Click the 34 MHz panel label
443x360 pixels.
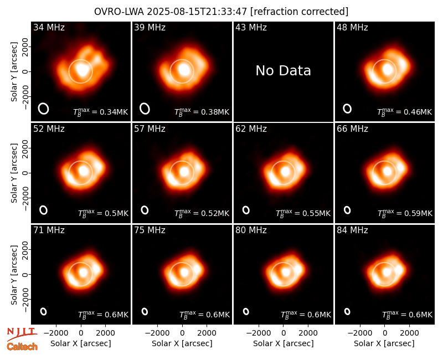tap(49, 27)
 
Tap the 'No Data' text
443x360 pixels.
tap(283, 71)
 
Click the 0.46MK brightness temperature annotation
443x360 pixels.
tap(404, 112)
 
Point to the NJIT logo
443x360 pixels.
tap(22, 333)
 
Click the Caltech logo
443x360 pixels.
tap(22, 347)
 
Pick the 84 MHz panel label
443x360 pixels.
tap(352, 230)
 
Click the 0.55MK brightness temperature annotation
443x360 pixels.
tap(303, 213)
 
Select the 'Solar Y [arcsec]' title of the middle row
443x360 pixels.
tap(14, 173)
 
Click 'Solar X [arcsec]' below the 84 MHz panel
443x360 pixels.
tap(384, 343)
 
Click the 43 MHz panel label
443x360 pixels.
tap(251, 27)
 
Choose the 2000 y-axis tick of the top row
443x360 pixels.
tap(25, 47)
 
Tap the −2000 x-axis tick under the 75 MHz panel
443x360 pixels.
tap(157, 333)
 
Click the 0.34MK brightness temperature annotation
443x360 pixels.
tap(100, 112)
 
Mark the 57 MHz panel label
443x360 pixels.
tap(150, 129)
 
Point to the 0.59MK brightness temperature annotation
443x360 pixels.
tap(405, 213)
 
